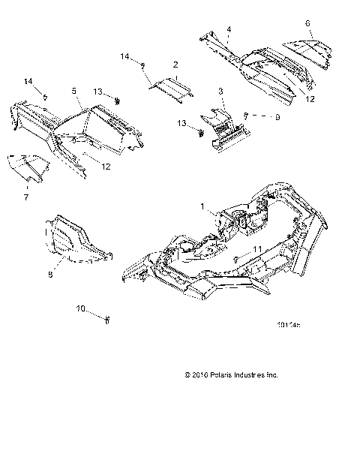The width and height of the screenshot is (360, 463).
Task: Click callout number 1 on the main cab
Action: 202,205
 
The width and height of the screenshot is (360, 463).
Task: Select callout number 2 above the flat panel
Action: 175,65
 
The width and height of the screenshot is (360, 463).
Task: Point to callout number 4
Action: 228,29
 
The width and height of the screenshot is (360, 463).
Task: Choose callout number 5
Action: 74,91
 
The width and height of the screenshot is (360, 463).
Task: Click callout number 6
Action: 307,23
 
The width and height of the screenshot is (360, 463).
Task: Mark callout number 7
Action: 25,197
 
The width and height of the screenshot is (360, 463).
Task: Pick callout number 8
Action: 50,275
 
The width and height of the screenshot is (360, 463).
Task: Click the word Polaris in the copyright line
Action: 223,374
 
